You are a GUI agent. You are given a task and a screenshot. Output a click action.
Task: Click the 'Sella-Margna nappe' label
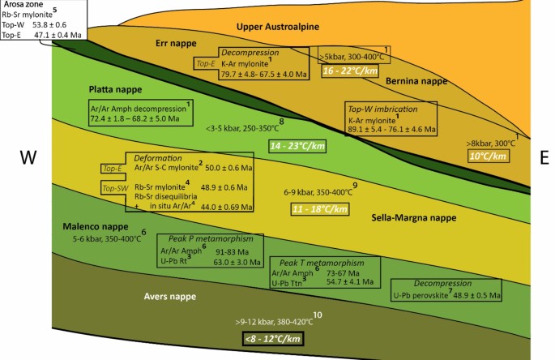413,218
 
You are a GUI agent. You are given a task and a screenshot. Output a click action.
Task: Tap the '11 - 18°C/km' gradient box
319,209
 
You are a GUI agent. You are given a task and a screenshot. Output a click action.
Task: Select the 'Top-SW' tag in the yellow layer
115,188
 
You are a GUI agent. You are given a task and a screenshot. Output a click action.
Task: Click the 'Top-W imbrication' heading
379,108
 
